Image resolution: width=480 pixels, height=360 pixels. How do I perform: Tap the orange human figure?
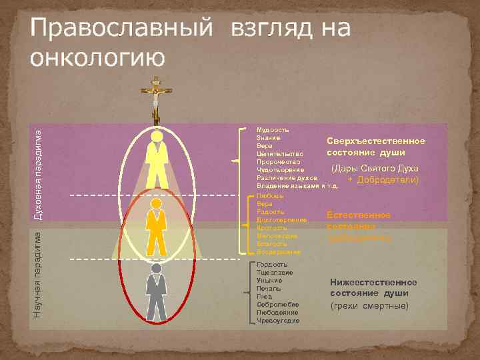point(157,227)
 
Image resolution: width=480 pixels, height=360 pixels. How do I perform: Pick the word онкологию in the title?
point(96,57)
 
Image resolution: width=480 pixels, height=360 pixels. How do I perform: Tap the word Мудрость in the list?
point(273,129)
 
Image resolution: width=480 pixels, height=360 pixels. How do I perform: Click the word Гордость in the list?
point(272,265)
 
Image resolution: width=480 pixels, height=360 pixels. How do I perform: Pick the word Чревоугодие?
point(278,320)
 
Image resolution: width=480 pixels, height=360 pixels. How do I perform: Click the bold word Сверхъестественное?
point(375,141)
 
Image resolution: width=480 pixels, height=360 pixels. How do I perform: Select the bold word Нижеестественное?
point(373,282)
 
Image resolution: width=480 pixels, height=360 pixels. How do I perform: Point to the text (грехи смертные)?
point(369,306)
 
